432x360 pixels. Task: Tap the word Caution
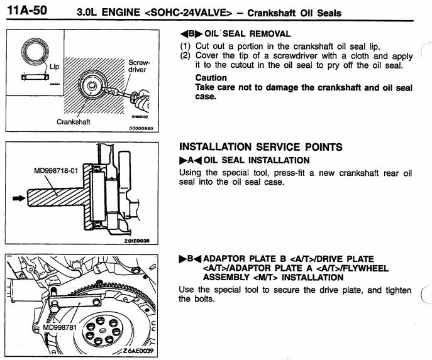(x=211, y=78)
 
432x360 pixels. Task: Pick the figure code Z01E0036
(x=141, y=240)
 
